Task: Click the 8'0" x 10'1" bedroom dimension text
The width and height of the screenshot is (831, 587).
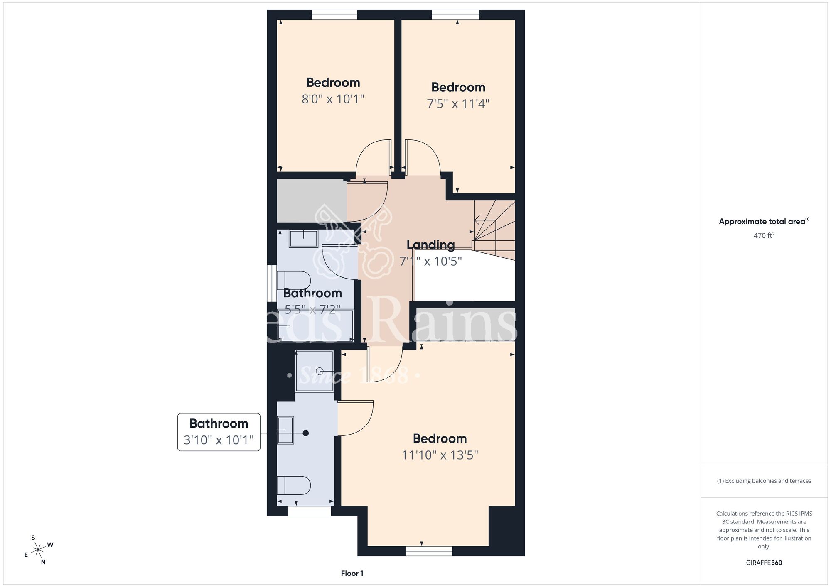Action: point(333,99)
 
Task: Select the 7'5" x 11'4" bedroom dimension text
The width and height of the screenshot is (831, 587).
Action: point(458,104)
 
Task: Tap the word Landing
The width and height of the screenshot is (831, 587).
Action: point(430,245)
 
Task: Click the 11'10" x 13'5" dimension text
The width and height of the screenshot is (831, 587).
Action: point(440,455)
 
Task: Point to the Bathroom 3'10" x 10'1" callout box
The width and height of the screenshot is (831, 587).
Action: point(219,432)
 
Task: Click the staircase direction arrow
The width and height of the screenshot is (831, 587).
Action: point(478,220)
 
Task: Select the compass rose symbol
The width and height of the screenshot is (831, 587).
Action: point(38,550)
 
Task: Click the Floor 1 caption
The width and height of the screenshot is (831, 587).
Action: point(352,573)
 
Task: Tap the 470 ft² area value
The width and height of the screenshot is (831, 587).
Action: point(764,235)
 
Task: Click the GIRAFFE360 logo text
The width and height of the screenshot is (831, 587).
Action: point(764,563)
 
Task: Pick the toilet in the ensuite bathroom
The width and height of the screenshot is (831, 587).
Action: point(294,485)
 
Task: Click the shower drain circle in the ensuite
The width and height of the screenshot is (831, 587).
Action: point(320,371)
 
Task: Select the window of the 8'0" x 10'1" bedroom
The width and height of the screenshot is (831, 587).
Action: point(334,15)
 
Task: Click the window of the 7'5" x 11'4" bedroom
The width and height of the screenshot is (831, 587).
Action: point(455,15)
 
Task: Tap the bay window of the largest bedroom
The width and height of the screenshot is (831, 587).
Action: point(429,551)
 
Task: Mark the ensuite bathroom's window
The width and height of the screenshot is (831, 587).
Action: point(310,511)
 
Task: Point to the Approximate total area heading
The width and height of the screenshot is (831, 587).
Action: point(764,221)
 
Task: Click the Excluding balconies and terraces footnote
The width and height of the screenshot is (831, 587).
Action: point(764,481)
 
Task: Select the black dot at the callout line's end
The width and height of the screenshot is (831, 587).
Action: point(306,433)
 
